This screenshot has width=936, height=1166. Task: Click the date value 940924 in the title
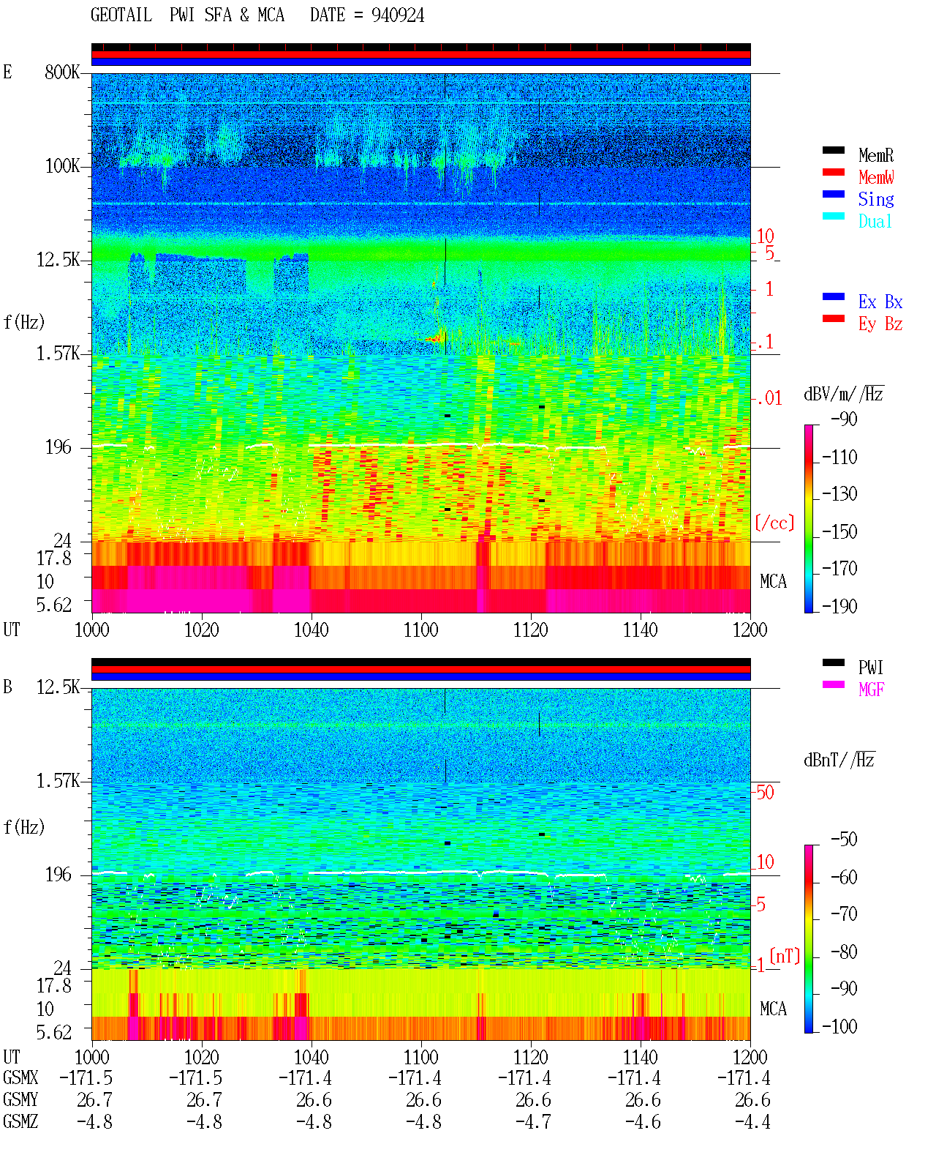pyautogui.click(x=397, y=15)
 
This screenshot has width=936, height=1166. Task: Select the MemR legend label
pyautogui.click(x=875, y=155)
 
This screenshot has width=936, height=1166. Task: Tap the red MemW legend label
pyautogui.click(x=875, y=177)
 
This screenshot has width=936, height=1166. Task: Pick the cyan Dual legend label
pyautogui.click(x=875, y=221)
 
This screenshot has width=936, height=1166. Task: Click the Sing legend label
pyautogui.click(x=875, y=199)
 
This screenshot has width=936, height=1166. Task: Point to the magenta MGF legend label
pyautogui.click(x=871, y=689)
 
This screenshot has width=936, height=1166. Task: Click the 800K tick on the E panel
pyautogui.click(x=61, y=72)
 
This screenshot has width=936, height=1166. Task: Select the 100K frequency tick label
pyautogui.click(x=61, y=166)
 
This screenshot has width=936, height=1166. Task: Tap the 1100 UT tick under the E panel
pyautogui.click(x=420, y=629)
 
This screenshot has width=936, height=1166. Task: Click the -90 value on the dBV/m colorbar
pyautogui.click(x=844, y=419)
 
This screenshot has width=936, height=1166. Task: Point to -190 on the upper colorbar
pyautogui.click(x=839, y=606)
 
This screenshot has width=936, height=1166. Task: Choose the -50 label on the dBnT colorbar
pyautogui.click(x=844, y=840)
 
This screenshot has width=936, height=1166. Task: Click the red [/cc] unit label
pyautogui.click(x=774, y=523)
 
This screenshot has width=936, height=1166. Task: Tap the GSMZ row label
pyautogui.click(x=20, y=1121)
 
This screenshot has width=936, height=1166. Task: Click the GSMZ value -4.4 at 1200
pyautogui.click(x=752, y=1121)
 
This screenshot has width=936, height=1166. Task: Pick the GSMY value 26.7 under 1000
pyautogui.click(x=95, y=1099)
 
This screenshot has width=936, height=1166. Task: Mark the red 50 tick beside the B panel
pyautogui.click(x=765, y=792)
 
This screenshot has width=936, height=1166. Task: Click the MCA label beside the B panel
pyautogui.click(x=773, y=1009)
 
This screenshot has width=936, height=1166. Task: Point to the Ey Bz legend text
pyautogui.click(x=880, y=324)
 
